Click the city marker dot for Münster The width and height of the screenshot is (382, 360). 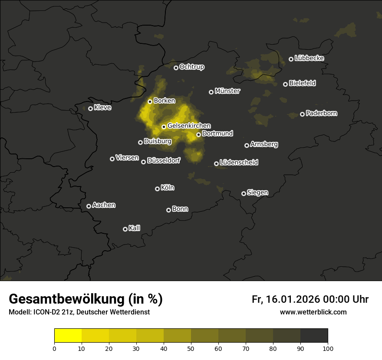[211, 92]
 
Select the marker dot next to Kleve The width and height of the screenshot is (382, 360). [90, 108]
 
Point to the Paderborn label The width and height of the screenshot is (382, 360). [321, 113]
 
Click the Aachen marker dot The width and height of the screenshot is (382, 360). [89, 206]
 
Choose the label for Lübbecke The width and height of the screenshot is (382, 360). [309, 58]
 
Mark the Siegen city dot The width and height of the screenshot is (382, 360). [244, 193]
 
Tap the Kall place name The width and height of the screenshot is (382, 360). [135, 228]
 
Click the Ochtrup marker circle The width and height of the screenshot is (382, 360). [176, 68]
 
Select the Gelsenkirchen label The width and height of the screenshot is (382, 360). [189, 126]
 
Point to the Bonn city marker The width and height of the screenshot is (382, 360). [168, 210]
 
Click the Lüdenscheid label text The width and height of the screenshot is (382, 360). [239, 162]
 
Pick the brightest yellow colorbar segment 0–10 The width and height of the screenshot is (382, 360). [68, 336]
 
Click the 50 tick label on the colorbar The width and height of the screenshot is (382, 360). [191, 348]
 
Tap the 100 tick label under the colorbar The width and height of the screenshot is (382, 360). [328, 348]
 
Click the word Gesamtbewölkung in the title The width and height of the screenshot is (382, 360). [65, 299]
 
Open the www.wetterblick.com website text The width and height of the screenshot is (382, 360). [313, 312]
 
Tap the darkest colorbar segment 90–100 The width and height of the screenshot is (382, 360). [314, 336]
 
